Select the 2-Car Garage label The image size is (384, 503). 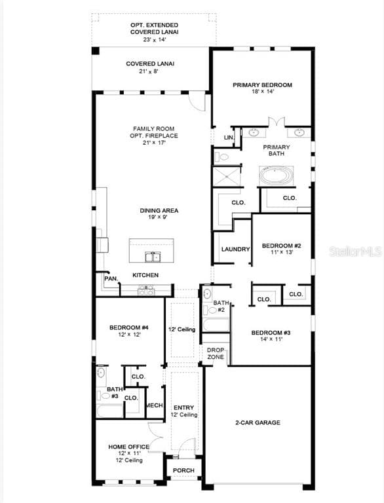[x=258, y=422]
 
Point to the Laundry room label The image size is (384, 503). [x=235, y=249]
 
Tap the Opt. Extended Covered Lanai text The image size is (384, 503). [x=154, y=28]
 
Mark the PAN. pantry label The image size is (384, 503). [x=111, y=278]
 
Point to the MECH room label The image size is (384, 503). [x=154, y=405]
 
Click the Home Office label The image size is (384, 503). [x=128, y=447]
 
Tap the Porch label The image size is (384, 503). [x=183, y=470]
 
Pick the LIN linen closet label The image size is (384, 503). [x=228, y=138]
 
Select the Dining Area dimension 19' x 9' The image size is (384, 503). [x=159, y=217]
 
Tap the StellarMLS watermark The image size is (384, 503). [x=355, y=250]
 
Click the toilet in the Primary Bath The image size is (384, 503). [x=222, y=157]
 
